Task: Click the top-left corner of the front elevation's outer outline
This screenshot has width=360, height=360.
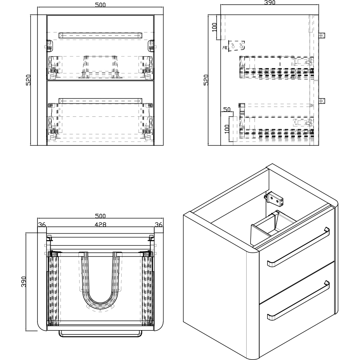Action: [37, 15]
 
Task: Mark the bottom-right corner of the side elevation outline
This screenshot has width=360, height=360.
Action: [319, 145]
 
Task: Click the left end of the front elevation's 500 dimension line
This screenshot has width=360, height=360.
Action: [37, 7]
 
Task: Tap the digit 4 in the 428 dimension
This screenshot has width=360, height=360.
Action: [96, 225]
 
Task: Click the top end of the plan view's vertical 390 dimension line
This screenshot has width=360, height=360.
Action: [26, 233]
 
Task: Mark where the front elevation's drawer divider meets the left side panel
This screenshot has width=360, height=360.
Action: [47, 80]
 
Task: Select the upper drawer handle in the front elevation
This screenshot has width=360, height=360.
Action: [100, 36]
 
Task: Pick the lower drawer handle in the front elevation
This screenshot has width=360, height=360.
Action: [100, 101]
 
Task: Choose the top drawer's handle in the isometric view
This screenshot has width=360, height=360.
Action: [298, 247]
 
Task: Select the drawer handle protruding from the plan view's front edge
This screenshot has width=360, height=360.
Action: [100, 334]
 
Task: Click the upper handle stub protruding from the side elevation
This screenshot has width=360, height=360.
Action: [322, 35]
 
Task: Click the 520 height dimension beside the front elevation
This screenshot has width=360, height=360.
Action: [28, 80]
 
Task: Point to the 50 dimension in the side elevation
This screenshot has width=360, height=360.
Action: [227, 109]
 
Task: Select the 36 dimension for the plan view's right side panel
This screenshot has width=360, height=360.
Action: [159, 225]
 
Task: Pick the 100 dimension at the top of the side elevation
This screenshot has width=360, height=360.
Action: [214, 27]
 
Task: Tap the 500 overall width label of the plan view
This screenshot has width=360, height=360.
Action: [100, 216]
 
